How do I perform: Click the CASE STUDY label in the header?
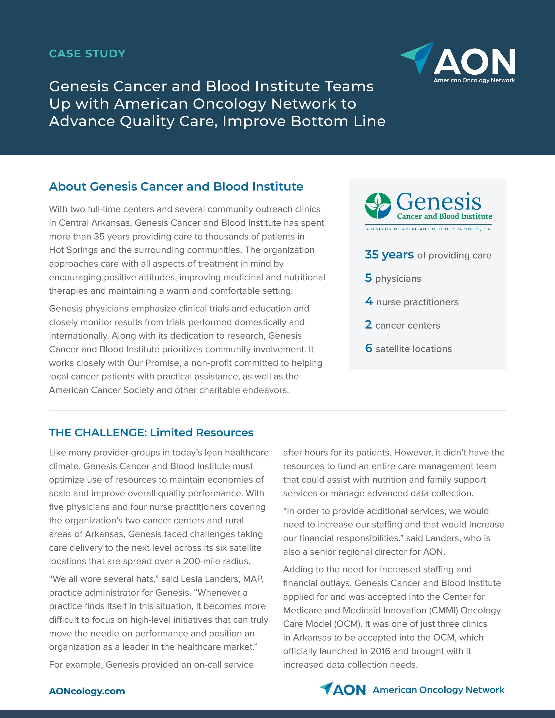click(87, 54)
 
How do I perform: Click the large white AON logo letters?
click(474, 62)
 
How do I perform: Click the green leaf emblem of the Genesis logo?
click(378, 205)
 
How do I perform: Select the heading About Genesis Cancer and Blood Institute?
click(176, 186)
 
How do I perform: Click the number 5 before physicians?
click(368, 278)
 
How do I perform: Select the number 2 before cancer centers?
click(368, 325)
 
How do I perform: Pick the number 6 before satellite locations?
click(368, 348)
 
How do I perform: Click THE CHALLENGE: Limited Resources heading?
click(151, 432)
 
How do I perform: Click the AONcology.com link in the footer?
click(87, 691)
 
